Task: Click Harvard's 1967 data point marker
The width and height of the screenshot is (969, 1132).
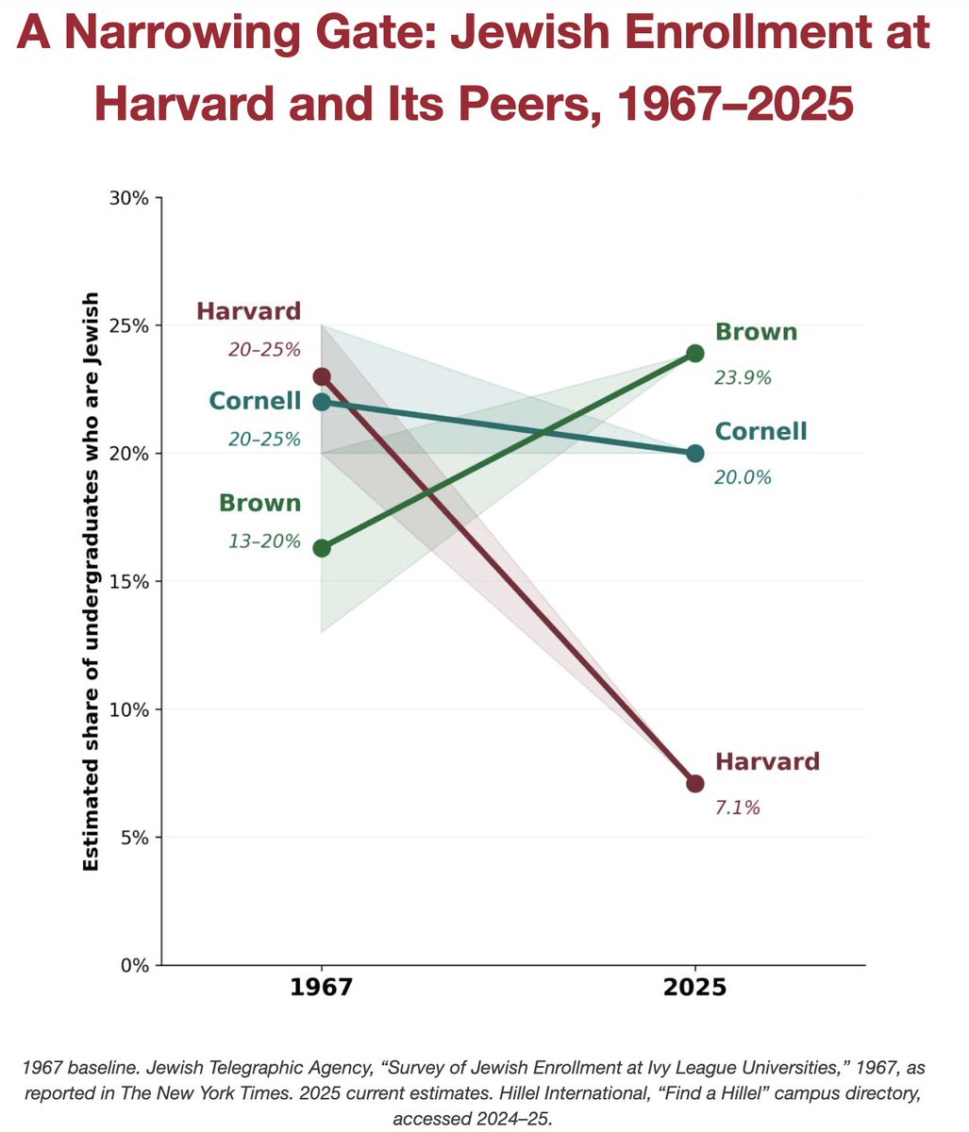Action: (x=322, y=376)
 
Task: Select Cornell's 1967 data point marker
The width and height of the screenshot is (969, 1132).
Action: (x=322, y=402)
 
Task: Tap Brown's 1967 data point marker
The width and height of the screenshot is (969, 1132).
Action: (x=322, y=548)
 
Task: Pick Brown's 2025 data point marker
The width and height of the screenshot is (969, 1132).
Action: (x=695, y=354)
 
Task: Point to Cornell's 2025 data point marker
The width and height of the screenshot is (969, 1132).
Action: (x=695, y=453)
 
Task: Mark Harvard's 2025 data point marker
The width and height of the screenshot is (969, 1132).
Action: (x=695, y=783)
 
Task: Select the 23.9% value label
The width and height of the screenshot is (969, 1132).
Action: (x=743, y=378)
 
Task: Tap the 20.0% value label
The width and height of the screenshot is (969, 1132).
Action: (x=743, y=477)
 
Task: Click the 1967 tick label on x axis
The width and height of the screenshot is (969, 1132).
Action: (x=322, y=989)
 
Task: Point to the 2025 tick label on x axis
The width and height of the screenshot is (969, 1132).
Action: (x=695, y=989)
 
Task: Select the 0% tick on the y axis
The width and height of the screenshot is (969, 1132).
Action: (x=137, y=965)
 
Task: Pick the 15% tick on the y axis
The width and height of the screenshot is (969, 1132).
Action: (x=132, y=581)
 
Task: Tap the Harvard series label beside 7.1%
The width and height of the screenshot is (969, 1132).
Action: (x=767, y=762)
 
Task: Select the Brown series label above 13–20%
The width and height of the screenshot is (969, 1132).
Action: (x=259, y=503)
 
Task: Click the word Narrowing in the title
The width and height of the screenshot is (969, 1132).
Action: (x=204, y=35)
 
